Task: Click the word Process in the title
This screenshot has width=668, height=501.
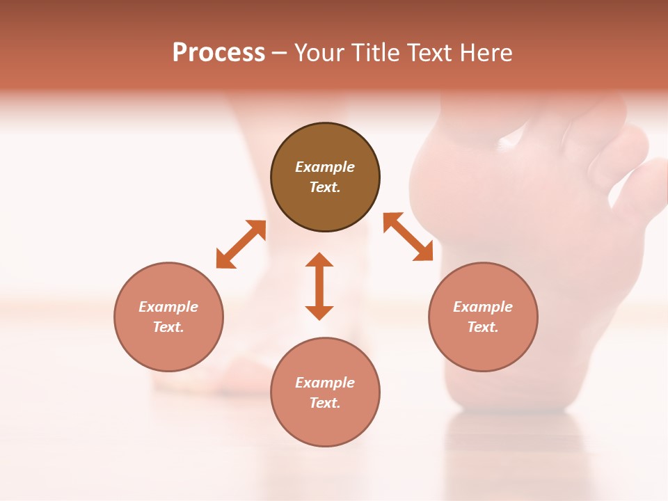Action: point(218,53)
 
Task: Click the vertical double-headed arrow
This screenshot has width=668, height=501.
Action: point(319,286)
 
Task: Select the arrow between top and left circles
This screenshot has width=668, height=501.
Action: point(241,244)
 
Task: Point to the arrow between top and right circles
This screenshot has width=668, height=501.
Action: point(408,237)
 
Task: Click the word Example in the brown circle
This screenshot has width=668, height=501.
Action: point(325,167)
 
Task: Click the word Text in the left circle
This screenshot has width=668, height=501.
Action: point(168,327)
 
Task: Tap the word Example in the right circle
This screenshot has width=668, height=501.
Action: point(483,307)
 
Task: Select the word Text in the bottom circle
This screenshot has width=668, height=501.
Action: point(325,403)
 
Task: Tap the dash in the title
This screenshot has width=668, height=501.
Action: point(279,54)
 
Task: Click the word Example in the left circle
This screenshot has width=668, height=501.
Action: point(168,307)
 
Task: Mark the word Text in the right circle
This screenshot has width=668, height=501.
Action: point(483,327)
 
